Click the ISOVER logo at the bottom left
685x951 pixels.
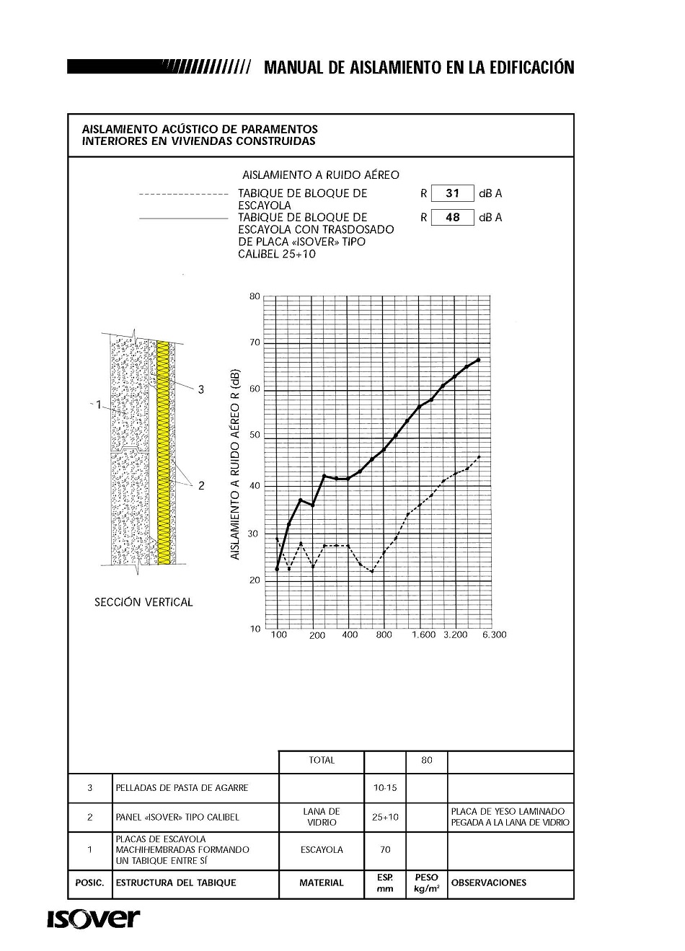(x=94, y=919)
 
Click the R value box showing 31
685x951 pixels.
(x=452, y=193)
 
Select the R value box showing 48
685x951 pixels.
(x=452, y=217)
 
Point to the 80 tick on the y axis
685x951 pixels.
(x=255, y=296)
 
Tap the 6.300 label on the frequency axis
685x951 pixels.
(x=494, y=634)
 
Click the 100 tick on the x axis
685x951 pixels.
(x=278, y=634)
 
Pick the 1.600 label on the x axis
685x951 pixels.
(x=424, y=634)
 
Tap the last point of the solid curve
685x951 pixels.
(x=479, y=359)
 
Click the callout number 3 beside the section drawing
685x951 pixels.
(x=201, y=389)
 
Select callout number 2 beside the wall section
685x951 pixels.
(x=201, y=486)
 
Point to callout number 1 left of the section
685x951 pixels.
(x=98, y=405)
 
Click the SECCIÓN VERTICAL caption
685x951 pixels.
(x=143, y=602)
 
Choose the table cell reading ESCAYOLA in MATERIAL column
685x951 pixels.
(x=322, y=850)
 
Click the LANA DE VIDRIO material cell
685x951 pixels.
(x=322, y=817)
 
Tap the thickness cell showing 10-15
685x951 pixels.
(x=385, y=787)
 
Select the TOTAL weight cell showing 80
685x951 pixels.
(x=427, y=760)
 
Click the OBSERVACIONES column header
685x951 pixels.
(x=488, y=883)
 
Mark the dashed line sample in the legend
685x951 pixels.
(x=183, y=194)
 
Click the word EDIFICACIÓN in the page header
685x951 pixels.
(x=531, y=68)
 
